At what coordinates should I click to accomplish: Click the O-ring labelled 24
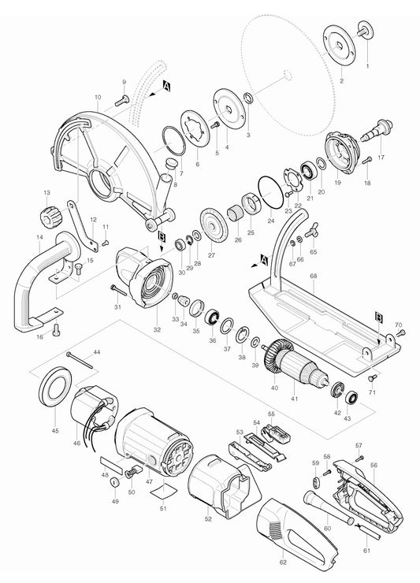point(273,188)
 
